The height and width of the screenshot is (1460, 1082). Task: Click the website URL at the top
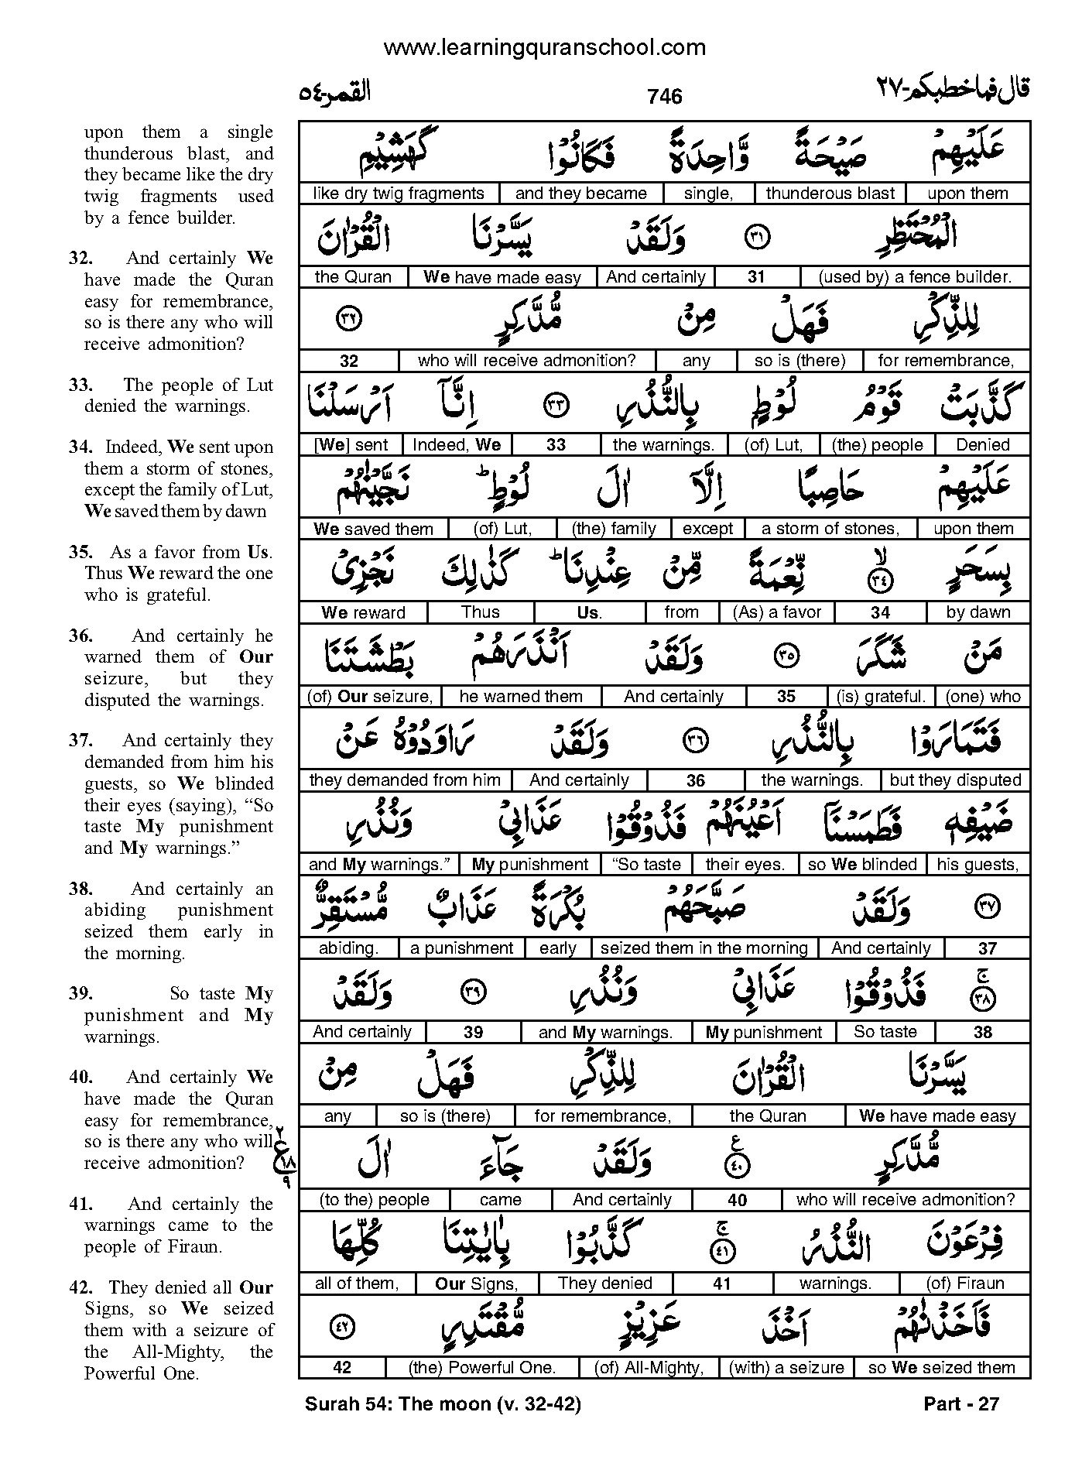(x=544, y=48)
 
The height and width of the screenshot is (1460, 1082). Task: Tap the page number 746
(x=665, y=96)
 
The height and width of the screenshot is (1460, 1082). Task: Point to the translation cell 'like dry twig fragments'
(x=399, y=194)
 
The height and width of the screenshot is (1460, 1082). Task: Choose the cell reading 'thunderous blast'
(x=830, y=194)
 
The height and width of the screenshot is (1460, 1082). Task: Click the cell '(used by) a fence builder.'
(x=915, y=277)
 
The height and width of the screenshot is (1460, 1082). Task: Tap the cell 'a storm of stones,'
(x=830, y=529)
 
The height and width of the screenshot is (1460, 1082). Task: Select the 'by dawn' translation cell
(x=978, y=612)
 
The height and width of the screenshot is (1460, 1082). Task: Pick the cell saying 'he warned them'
(x=520, y=697)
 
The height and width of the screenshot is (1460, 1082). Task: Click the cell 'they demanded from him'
(x=404, y=780)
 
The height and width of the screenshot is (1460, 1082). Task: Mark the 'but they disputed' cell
(x=956, y=780)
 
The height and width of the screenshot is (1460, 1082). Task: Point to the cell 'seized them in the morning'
(x=704, y=948)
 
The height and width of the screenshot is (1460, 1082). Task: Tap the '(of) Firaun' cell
(x=964, y=1283)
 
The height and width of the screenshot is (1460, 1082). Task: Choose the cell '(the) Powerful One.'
(x=482, y=1368)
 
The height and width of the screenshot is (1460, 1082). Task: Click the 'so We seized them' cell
(x=941, y=1368)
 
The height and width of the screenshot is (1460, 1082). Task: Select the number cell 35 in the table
(x=786, y=697)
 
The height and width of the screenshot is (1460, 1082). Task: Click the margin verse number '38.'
(x=80, y=889)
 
